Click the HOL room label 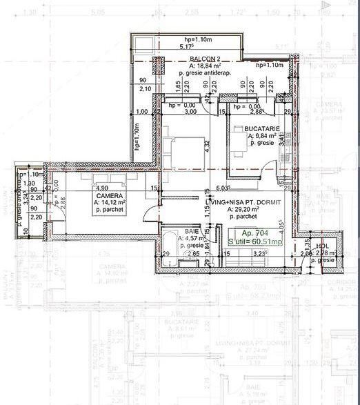pyautogui.click(x=321, y=246)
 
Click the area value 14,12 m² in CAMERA pyautogui.click(x=110, y=203)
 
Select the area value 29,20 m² pyautogui.click(x=239, y=209)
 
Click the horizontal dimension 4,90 pyautogui.click(x=103, y=188)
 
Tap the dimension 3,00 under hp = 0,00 pyautogui.click(x=191, y=112)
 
